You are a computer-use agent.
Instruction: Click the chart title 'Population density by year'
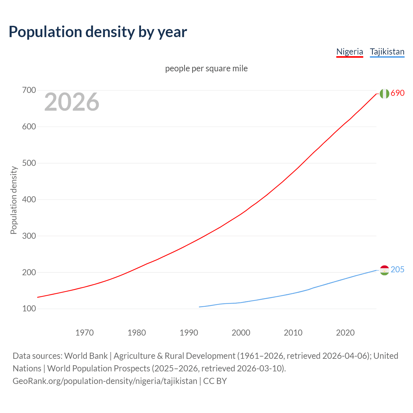tap(98, 32)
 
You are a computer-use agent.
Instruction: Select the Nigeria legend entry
tap(349, 52)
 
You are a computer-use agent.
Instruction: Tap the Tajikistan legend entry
tap(387, 52)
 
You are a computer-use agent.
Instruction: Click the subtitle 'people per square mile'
tap(206, 69)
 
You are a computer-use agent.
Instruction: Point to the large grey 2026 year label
tap(72, 102)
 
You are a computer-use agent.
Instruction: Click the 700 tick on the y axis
tap(29, 90)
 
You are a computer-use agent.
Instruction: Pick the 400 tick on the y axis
tap(29, 200)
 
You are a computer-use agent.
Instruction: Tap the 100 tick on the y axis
tap(29, 309)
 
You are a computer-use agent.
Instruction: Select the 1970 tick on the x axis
tap(85, 333)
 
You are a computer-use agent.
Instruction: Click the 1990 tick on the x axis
tap(189, 333)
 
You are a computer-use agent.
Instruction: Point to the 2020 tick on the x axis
tap(345, 333)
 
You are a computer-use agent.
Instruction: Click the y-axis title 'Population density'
tap(14, 200)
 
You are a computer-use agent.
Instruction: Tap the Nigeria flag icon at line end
tap(384, 94)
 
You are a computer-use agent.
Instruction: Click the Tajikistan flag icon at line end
tap(384, 270)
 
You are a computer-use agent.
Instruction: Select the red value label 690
tap(398, 93)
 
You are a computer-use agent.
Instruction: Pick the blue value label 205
tap(398, 270)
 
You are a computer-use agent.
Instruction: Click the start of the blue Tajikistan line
tap(200, 307)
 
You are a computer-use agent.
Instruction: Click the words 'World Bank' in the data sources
tap(86, 356)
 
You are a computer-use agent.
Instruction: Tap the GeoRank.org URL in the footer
tap(105, 381)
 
